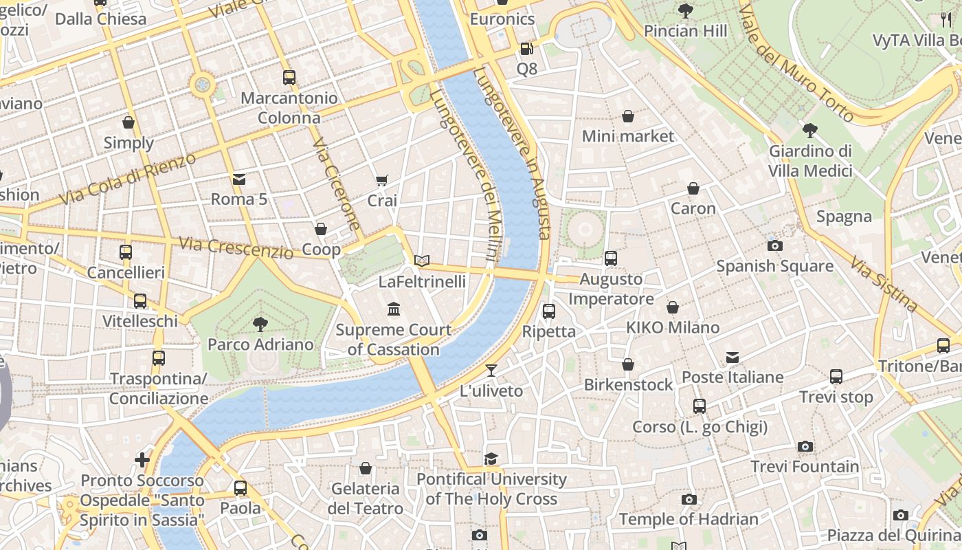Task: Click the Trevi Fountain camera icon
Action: click(805, 447)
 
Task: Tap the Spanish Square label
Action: click(774, 266)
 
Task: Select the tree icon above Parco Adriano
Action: click(260, 324)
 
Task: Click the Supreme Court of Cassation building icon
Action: click(394, 309)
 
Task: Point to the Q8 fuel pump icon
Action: click(526, 48)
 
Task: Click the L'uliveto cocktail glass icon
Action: click(491, 371)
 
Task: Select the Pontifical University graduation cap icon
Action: click(491, 459)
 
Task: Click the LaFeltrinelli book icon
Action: click(422, 261)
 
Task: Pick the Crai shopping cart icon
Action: click(382, 180)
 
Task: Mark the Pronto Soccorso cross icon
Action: click(142, 459)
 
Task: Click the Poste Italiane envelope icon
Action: click(732, 357)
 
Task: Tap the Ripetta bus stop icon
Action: click(548, 311)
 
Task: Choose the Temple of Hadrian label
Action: click(689, 519)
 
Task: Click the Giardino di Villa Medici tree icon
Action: click(810, 130)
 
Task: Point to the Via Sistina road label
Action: click(884, 284)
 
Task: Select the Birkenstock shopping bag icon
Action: click(628, 364)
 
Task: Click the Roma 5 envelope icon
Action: click(239, 179)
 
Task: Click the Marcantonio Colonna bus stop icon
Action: click(289, 78)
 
